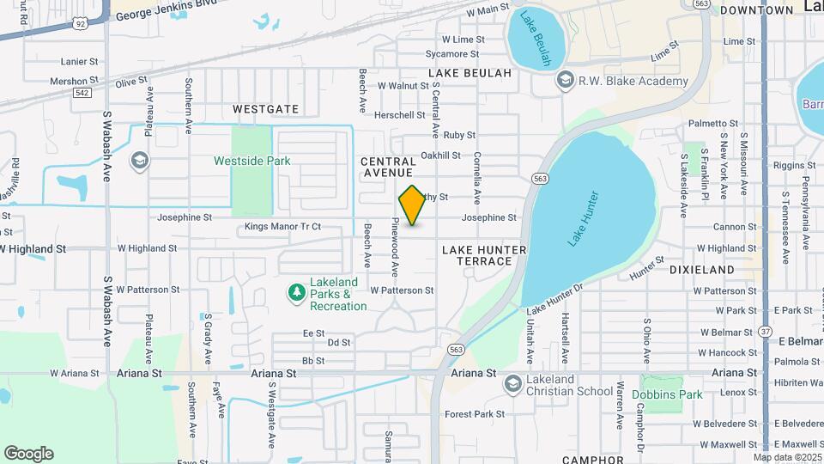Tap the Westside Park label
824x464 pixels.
point(251,161)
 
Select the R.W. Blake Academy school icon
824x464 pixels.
point(565,81)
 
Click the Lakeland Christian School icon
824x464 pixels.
point(513,382)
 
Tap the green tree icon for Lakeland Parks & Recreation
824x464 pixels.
point(297,293)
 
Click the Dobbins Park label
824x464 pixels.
point(667,394)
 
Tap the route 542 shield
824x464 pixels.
point(82,92)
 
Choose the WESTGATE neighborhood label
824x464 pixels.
point(266,109)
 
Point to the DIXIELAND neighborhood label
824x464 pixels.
point(701,269)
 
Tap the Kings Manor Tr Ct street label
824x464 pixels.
point(282,227)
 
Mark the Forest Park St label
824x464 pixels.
point(475,414)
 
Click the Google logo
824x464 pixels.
point(28,454)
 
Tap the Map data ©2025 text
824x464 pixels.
point(787,457)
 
